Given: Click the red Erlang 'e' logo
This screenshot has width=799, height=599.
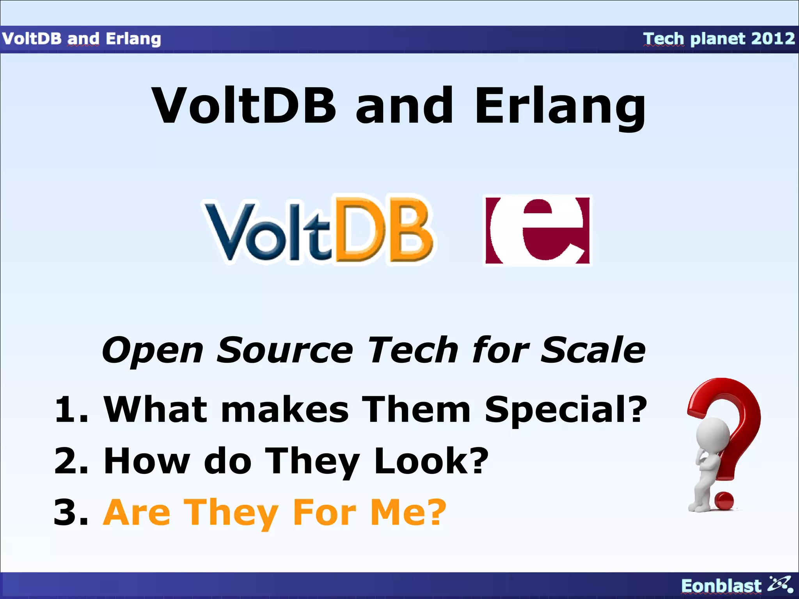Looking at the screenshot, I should [x=538, y=230].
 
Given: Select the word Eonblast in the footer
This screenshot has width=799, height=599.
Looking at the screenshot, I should [x=721, y=586].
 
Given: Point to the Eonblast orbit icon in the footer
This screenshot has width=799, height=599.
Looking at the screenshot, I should [x=780, y=584].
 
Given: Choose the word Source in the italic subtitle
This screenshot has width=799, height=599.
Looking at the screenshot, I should [x=284, y=350].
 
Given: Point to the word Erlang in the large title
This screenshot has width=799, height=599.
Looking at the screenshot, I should [x=560, y=106].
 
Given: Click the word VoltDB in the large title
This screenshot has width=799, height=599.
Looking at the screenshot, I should [x=244, y=106].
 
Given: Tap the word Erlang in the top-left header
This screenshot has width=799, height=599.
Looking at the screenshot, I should [x=133, y=39].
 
